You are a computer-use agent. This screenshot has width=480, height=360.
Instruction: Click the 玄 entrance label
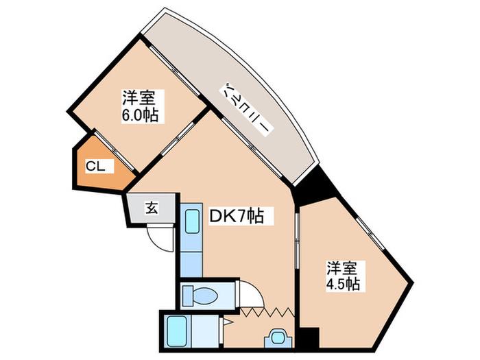coord(152,208)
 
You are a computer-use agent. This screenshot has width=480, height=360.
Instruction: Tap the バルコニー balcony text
coord(246,108)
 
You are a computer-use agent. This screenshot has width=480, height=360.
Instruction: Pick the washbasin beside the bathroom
coord(278,338)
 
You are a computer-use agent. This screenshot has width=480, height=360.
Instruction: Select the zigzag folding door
coord(267,312)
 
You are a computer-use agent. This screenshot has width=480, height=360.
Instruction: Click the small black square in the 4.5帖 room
coord(309,337)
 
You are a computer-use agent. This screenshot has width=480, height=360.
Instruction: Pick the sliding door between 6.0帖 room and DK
coord(178,139)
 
